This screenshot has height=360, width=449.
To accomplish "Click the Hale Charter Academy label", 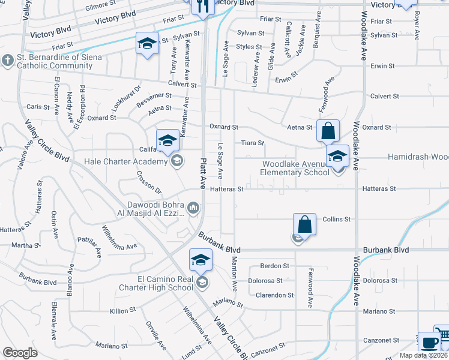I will point(133,162).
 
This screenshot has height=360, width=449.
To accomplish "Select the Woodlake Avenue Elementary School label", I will point(294,168).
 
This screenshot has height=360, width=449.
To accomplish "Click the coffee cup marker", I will point(429,342).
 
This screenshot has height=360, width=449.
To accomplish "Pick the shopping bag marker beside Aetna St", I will point(328,130).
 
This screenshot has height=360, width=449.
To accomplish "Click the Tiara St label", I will point(253,143).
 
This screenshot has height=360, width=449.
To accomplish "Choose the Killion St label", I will point(123,311).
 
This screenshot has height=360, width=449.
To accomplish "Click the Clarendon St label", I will point(275,295).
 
